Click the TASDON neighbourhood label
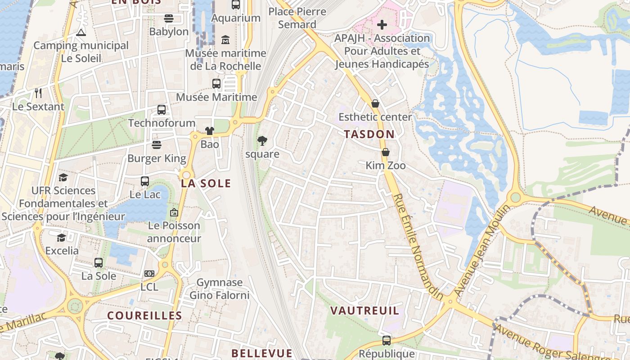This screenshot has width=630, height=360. point(369,134)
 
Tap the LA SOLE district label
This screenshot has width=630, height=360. point(206,183)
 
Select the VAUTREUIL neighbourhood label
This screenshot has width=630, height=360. point(364,310)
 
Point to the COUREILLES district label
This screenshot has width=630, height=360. point(144,315)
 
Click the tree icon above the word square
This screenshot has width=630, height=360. point(262,141)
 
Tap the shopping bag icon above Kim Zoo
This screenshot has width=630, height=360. point(386,152)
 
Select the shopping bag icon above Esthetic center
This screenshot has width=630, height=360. point(375,104)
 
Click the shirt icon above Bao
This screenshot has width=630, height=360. point(210,131)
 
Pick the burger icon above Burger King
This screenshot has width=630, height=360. point(156,145)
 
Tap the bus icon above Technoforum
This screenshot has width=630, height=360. point(162,110)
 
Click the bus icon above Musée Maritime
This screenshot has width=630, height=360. point(216,84)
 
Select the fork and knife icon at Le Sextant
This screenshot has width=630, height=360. point(38,93)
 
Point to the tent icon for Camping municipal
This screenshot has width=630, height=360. point(81,32)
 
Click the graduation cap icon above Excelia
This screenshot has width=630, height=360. point(62,238)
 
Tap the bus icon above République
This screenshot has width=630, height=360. point(386,341)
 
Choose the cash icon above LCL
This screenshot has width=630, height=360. point(149,274)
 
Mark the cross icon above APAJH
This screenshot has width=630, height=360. point(382,25)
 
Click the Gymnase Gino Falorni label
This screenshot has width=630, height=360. point(220,289)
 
